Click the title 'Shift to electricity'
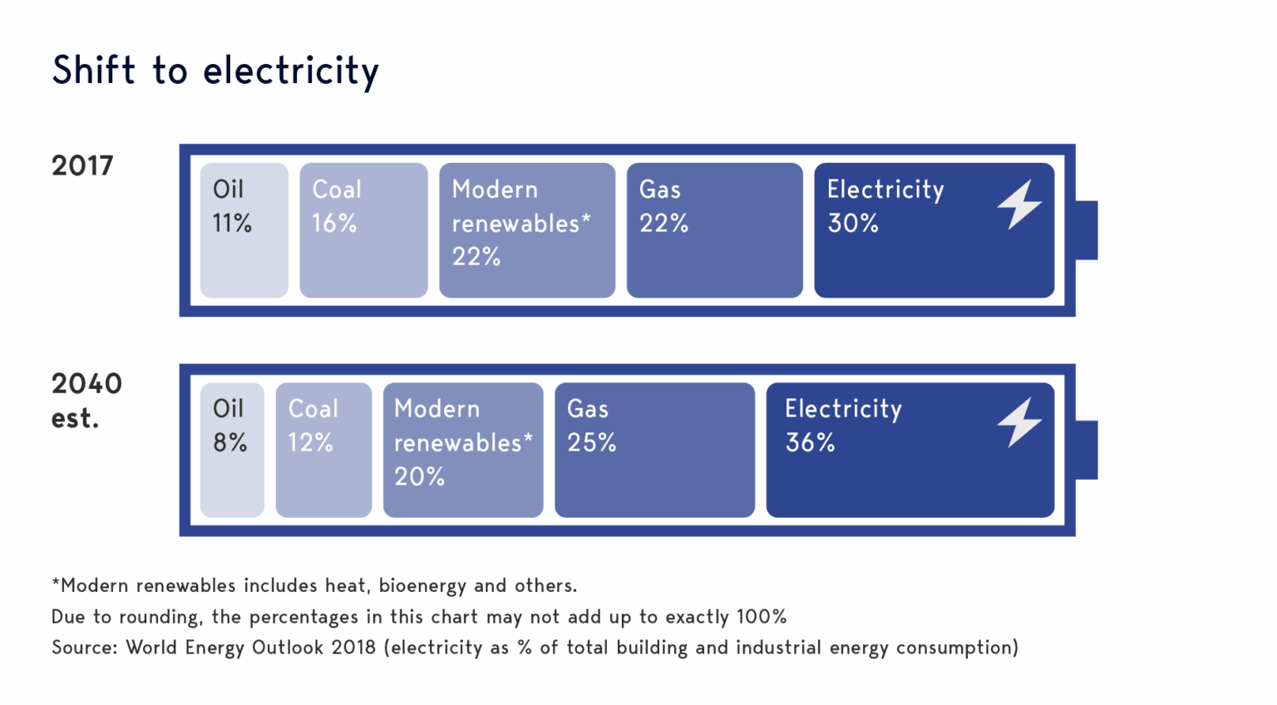click(215, 70)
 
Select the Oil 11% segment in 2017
click(244, 230)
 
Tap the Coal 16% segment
click(363, 230)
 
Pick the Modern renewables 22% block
click(527, 230)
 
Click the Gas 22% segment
click(714, 230)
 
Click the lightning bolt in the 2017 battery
click(1019, 205)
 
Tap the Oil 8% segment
click(232, 450)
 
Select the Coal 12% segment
click(323, 450)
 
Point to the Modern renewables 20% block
click(463, 450)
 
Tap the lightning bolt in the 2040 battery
click(1019, 422)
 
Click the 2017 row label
click(82, 166)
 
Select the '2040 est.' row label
click(86, 400)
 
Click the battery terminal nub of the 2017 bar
click(1087, 230)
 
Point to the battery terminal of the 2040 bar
click(1087, 450)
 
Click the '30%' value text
click(853, 223)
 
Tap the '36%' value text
click(811, 442)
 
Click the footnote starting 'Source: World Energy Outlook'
click(535, 648)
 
